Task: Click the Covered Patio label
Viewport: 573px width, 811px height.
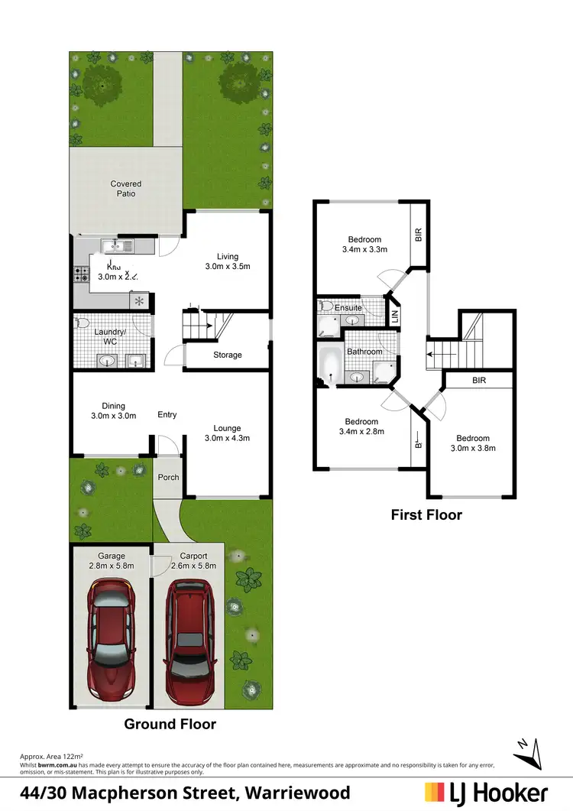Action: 126,189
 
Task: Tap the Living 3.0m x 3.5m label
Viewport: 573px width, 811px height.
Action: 227,261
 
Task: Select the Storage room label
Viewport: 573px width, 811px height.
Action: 227,355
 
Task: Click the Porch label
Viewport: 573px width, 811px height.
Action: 168,477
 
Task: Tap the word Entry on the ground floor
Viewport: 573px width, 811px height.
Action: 167,414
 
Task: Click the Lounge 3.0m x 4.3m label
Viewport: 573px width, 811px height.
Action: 227,433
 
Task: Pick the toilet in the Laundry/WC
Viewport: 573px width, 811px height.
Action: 83,323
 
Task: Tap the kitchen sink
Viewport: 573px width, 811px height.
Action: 121,245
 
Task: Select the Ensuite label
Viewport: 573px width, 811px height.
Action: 348,308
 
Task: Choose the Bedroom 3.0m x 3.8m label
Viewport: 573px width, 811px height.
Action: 470,443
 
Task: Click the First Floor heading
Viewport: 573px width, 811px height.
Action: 426,514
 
